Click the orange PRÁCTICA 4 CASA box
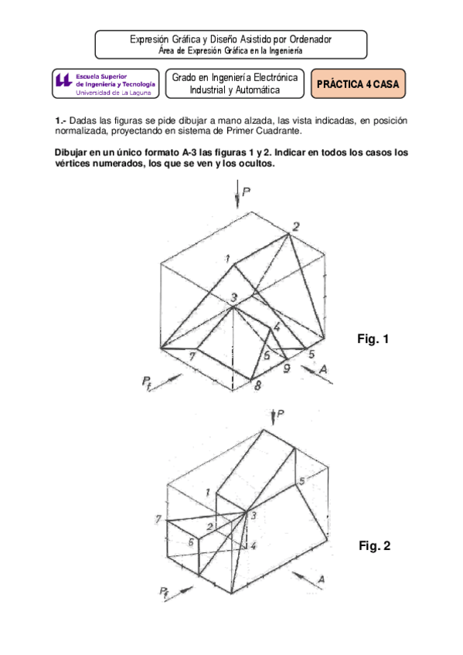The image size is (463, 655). click(359, 84)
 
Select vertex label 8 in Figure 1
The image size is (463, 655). click(258, 384)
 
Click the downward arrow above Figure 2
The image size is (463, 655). click(274, 418)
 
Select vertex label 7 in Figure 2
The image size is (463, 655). click(158, 518)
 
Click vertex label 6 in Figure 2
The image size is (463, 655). click(191, 541)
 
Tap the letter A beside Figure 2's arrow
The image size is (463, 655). click(321, 579)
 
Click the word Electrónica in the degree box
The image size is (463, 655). click(265, 77)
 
